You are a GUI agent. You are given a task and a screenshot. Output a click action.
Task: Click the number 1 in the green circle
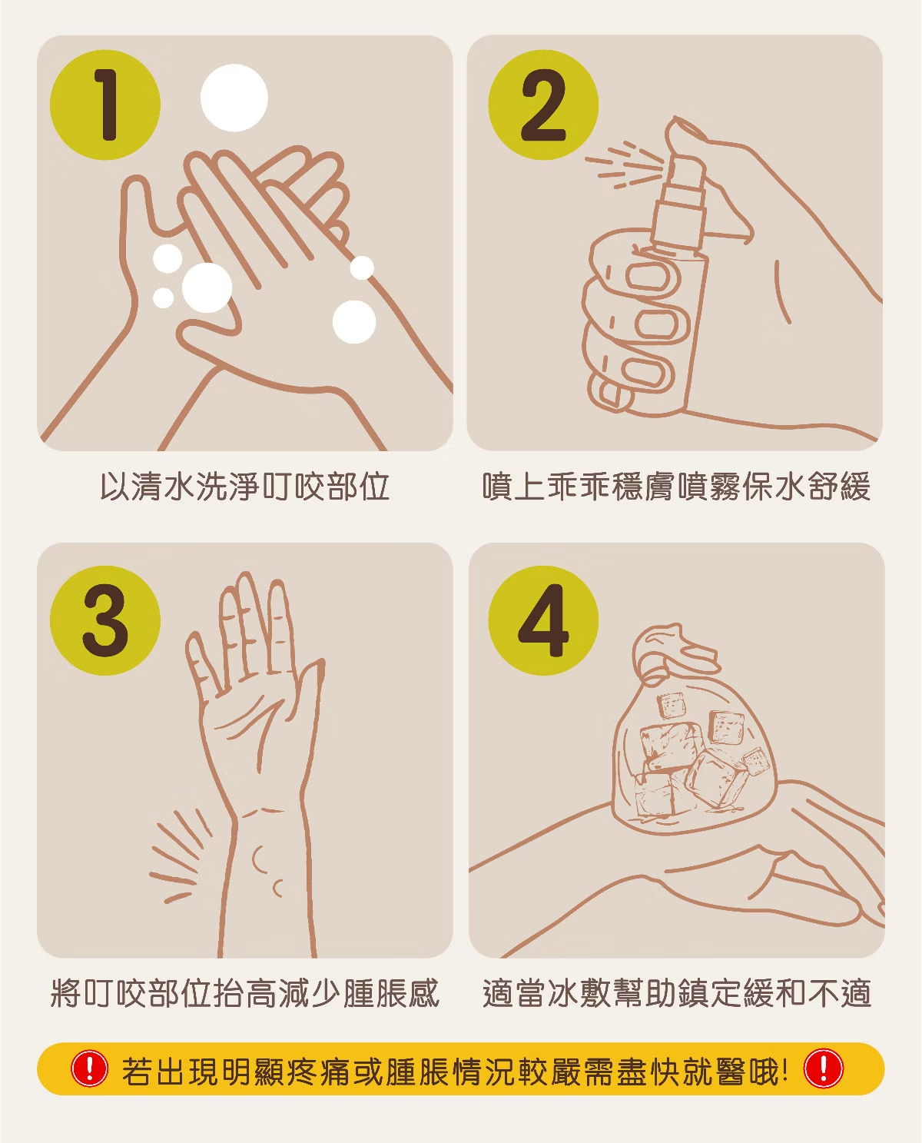click(108, 105)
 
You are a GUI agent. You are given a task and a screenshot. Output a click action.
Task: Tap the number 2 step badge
click(543, 105)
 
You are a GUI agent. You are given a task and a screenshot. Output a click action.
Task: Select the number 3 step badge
click(105, 620)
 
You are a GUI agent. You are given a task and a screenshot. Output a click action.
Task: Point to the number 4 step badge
click(543, 620)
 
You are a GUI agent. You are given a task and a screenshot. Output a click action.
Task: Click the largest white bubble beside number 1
click(234, 98)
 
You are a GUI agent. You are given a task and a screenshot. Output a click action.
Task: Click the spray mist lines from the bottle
click(624, 164)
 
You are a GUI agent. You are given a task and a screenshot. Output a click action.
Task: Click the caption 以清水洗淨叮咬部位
click(245, 486)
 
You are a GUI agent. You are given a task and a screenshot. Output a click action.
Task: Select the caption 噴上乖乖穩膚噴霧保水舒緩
click(676, 486)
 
